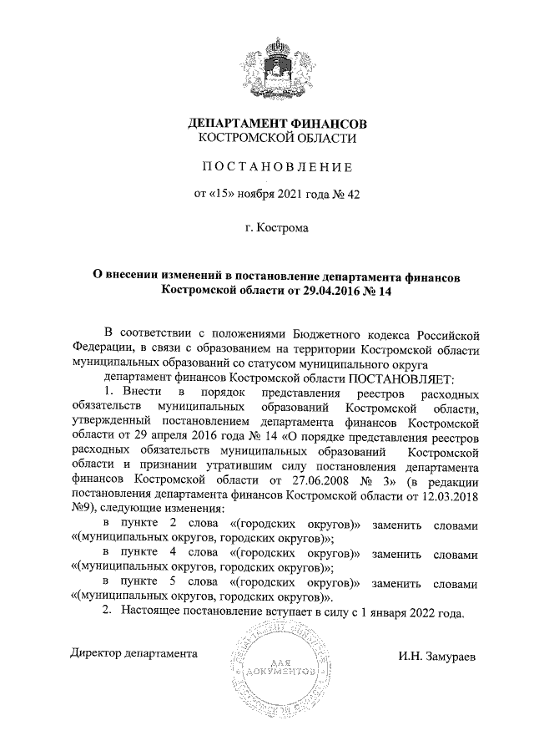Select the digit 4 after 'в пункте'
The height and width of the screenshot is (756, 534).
173,554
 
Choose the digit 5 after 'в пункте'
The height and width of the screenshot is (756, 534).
173,583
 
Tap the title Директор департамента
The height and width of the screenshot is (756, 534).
133,652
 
